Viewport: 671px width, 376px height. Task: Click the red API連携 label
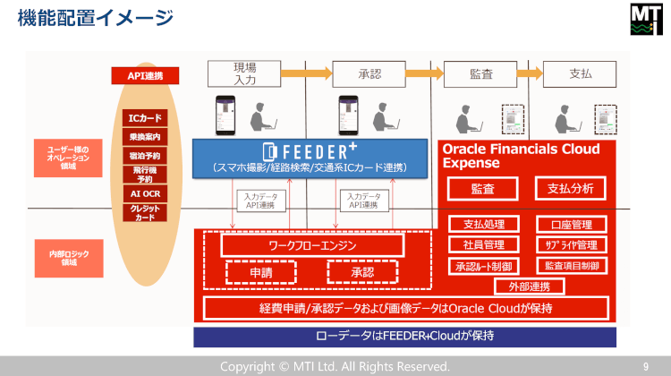coord(139,76)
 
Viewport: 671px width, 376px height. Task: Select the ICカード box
coord(145,117)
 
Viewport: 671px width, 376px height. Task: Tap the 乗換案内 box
coord(145,137)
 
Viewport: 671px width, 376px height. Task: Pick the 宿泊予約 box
coord(145,156)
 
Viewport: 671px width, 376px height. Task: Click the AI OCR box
coord(145,193)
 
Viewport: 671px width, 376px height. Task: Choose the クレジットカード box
coord(145,212)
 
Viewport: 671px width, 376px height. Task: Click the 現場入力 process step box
coord(244,73)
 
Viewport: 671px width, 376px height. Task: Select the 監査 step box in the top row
coord(480,73)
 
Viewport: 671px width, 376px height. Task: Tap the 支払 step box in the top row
coord(580,73)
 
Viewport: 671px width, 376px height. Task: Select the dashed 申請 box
coord(261,272)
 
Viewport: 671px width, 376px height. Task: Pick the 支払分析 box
coord(570,189)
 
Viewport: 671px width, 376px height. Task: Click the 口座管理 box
coord(571,225)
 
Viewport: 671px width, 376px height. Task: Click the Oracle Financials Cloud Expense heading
coord(520,156)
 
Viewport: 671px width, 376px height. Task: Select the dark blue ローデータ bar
coord(405,337)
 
